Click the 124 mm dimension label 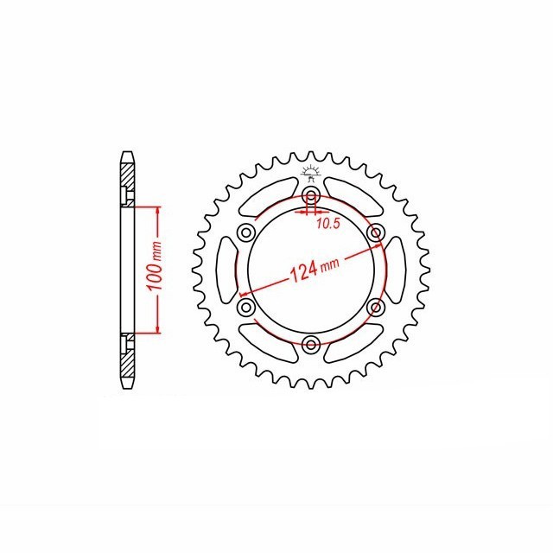pyautogui.click(x=315, y=270)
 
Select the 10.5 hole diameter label pyautogui.click(x=328, y=224)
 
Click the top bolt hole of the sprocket pyautogui.click(x=311, y=195)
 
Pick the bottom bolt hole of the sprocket pyautogui.click(x=311, y=344)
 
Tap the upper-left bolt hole pyautogui.click(x=246, y=232)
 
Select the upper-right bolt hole pyautogui.click(x=376, y=232)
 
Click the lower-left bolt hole pyautogui.click(x=246, y=308)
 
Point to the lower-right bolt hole pyautogui.click(x=376, y=308)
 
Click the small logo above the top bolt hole pyautogui.click(x=310, y=174)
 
